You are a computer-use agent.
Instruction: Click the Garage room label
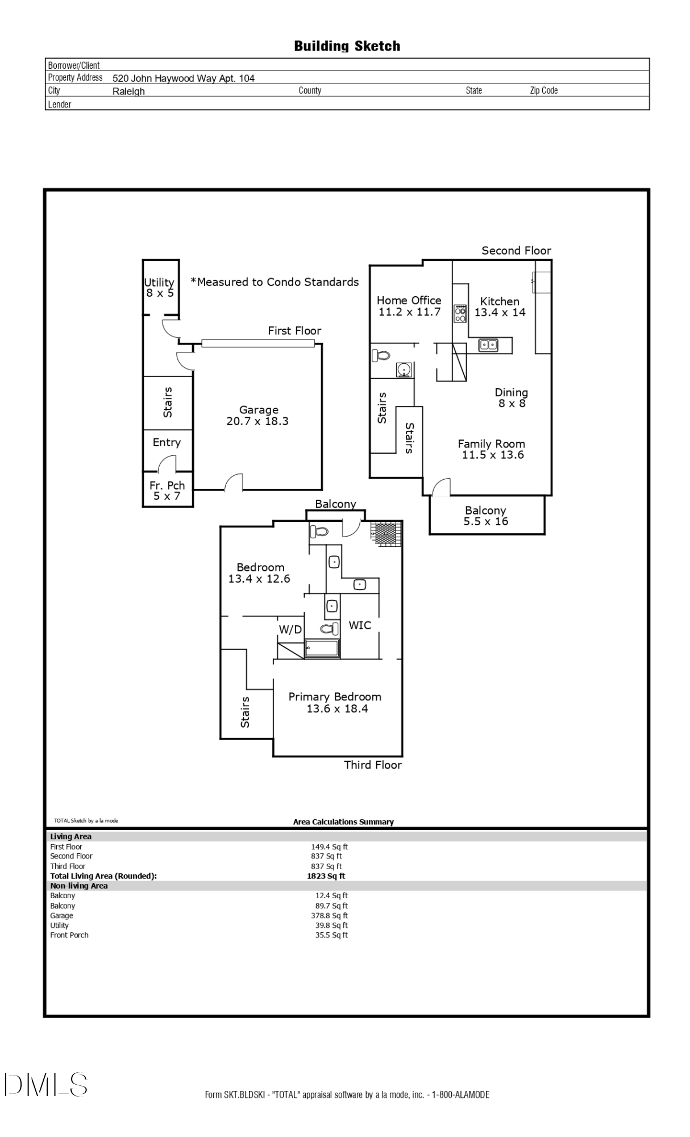pyautogui.click(x=259, y=410)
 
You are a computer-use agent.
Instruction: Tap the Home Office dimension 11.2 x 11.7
pyautogui.click(x=409, y=312)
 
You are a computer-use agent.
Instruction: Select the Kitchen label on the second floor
pyautogui.click(x=500, y=301)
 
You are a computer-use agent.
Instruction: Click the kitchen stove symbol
pyautogui.click(x=460, y=314)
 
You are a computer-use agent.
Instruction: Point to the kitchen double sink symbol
pyautogui.click(x=488, y=345)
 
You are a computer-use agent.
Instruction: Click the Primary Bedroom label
pyautogui.click(x=335, y=697)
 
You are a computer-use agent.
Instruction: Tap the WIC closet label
pyautogui.click(x=360, y=625)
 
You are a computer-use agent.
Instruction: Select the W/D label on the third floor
pyautogui.click(x=290, y=629)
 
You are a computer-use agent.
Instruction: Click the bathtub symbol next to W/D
pyautogui.click(x=322, y=649)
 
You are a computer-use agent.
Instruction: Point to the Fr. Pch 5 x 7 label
pyautogui.click(x=167, y=491)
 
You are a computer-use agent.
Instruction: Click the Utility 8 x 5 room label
pyautogui.click(x=159, y=288)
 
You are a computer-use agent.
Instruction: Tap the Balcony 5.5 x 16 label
pyautogui.click(x=485, y=516)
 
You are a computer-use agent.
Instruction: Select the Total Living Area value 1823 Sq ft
pyautogui.click(x=326, y=876)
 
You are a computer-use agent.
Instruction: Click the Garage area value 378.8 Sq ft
pyautogui.click(x=333, y=915)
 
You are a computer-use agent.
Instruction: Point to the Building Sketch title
pyautogui.click(x=347, y=46)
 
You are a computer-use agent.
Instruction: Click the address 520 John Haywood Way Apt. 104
pyautogui.click(x=183, y=78)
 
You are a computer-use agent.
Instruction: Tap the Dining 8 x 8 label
pyautogui.click(x=512, y=398)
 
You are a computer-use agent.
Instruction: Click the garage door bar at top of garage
pyautogui.click(x=258, y=343)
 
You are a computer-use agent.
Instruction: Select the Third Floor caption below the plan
pyautogui.click(x=373, y=765)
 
